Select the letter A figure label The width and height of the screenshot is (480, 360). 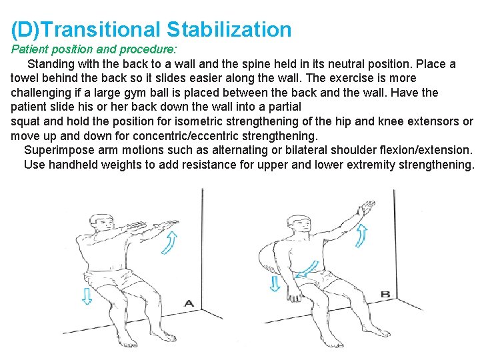[189, 303]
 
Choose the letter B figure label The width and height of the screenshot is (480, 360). [385, 294]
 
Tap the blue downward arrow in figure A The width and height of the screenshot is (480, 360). [87, 295]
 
